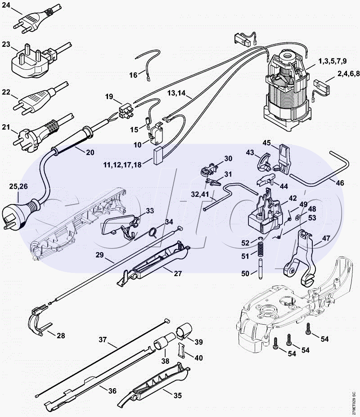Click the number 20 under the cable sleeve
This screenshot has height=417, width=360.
[90, 152]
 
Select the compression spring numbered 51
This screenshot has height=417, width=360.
[260, 255]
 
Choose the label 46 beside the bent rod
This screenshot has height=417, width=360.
[340, 182]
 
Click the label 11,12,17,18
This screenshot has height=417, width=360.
[122, 165]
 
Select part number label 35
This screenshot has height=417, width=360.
[178, 395]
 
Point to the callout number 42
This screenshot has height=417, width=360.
[292, 198]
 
